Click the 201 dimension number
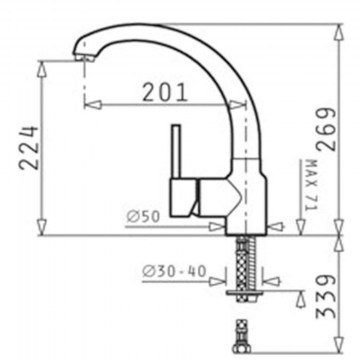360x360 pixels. [x=165, y=92]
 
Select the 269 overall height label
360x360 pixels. [x=326, y=129]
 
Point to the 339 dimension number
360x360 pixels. [x=325, y=296]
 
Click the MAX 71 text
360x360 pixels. [x=311, y=185]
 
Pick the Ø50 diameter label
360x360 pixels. [x=143, y=217]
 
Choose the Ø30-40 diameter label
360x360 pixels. [x=174, y=271]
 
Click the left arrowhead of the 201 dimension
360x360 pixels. [x=92, y=105]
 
